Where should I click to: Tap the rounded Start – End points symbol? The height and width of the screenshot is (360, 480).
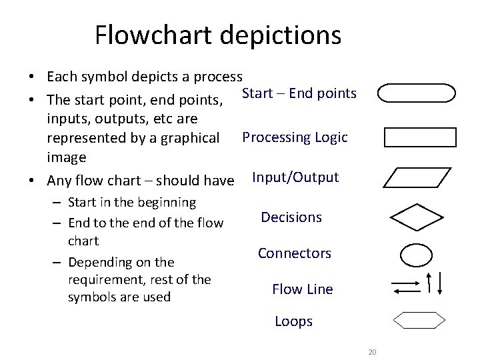(417, 93)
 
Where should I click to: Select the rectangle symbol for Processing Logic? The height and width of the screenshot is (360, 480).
(421, 137)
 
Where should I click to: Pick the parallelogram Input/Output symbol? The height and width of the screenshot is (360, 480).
(419, 178)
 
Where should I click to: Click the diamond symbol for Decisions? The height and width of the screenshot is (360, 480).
(417, 217)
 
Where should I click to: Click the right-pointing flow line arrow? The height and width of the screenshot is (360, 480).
(405, 283)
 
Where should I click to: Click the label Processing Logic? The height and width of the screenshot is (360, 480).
(295, 138)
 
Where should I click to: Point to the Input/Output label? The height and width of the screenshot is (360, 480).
(295, 177)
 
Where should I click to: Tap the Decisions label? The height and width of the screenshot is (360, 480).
(291, 217)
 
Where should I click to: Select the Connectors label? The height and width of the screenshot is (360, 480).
(294, 253)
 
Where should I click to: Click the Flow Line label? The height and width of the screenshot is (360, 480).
(302, 289)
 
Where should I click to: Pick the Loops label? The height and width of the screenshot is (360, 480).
(293, 321)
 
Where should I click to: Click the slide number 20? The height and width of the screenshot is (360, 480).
(372, 351)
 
